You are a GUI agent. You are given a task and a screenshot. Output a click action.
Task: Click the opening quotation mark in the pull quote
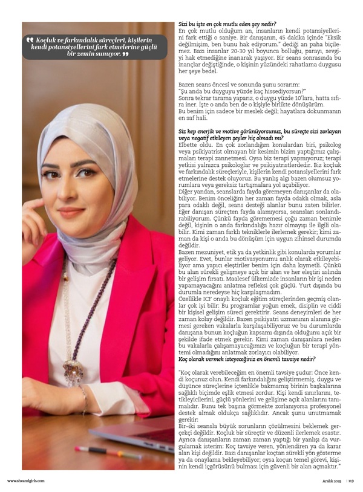[x=30, y=40]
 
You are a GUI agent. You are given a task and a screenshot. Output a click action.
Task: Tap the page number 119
[x=351, y=481]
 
